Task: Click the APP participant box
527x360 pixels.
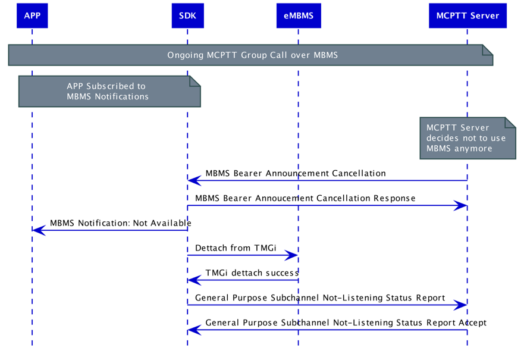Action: coord(32,15)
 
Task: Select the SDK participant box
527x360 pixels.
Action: coord(187,15)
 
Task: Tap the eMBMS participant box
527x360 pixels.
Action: coord(298,15)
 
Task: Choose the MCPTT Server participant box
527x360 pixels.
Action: coord(468,15)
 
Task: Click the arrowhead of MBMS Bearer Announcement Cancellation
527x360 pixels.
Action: coord(193,180)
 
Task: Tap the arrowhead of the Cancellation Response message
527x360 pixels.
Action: coord(461,205)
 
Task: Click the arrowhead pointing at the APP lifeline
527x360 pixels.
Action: coord(38,230)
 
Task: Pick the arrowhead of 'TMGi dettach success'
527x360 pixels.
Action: coord(193,280)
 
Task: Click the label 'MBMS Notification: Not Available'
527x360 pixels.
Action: coord(121,223)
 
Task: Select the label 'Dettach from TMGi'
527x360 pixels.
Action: coord(236,248)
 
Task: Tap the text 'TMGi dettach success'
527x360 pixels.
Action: coord(252,273)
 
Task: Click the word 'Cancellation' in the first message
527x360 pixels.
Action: coord(356,173)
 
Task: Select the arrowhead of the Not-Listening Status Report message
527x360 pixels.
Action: coord(461,305)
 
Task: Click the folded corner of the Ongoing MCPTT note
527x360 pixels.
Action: coord(488,49)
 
